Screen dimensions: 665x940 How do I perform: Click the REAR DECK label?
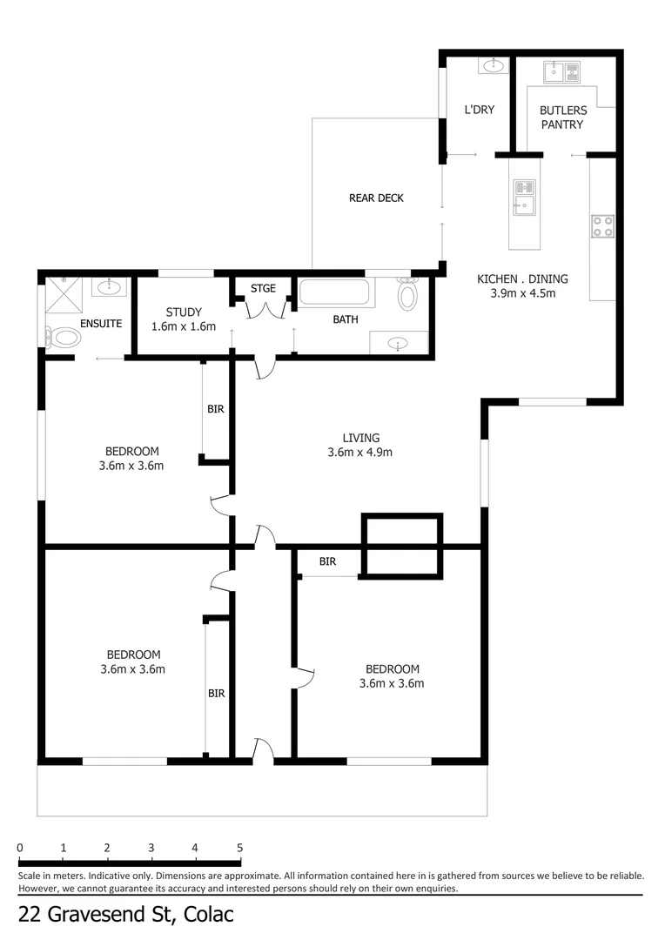376,198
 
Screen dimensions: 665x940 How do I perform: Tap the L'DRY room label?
479,110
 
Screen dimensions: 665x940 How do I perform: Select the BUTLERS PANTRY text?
562,117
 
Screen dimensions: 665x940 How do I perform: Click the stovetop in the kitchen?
602,226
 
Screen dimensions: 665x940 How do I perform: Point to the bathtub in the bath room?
334,292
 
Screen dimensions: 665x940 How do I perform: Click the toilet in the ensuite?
63,338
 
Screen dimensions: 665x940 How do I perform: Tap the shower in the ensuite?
64,295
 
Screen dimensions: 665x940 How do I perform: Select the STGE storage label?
263,288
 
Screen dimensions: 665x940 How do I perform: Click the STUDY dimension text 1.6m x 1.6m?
184,326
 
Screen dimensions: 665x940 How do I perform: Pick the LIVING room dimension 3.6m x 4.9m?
359,453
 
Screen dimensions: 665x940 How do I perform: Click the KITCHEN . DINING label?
522,279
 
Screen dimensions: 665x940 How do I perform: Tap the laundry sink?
494,65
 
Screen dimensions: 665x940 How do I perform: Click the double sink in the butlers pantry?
562,72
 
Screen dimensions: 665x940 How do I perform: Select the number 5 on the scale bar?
240,848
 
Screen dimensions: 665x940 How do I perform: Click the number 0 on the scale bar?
20,848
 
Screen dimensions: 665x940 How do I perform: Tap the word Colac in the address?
208,915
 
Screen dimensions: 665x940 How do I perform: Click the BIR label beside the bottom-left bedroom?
217,693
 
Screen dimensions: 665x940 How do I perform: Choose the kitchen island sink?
524,198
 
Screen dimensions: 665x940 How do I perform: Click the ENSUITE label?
101,324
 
